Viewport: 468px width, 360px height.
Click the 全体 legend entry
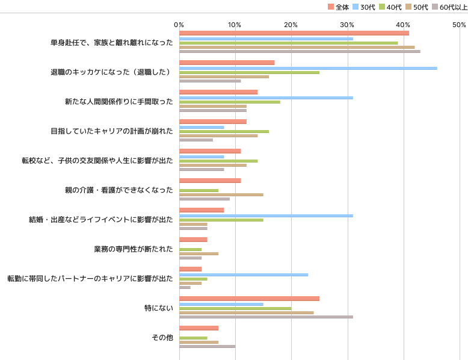338,7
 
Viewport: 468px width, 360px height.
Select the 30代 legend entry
364,7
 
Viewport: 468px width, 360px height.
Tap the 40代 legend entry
390,7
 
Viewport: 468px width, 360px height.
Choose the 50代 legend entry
417,7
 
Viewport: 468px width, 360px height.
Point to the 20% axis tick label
291,25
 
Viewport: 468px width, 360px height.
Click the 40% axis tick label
403,25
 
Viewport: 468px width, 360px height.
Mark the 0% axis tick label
179,25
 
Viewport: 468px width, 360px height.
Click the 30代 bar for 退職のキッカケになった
309,69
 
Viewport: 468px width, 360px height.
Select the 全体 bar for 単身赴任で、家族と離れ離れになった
294,33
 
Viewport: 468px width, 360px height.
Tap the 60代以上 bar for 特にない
266,317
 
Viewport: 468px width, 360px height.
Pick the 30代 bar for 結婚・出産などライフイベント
266,216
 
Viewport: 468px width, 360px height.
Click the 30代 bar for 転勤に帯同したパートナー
244,275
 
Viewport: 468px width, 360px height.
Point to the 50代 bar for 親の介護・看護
221,195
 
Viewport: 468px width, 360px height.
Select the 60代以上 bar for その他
208,347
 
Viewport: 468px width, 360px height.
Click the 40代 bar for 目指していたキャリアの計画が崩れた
224,131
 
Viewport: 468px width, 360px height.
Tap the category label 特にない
159,308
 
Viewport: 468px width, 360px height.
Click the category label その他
162,338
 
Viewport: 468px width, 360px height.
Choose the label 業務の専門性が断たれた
134,249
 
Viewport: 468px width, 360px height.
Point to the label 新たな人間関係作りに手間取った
119,102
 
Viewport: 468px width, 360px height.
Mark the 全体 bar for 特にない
250,299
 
